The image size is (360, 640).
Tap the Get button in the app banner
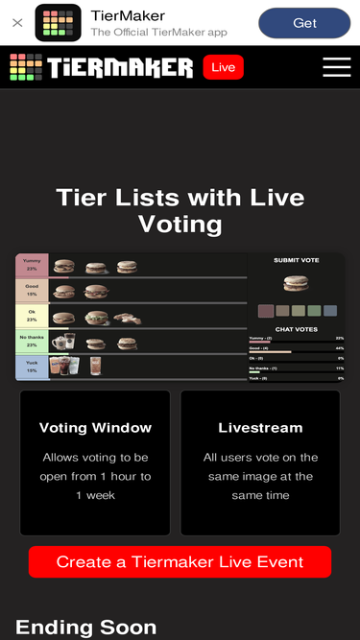click(x=304, y=23)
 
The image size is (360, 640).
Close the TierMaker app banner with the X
click(x=17, y=23)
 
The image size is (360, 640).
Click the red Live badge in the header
click(x=223, y=67)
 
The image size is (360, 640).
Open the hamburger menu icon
click(x=336, y=67)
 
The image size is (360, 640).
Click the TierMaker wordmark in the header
click(x=120, y=67)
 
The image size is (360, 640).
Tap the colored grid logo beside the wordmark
click(x=26, y=67)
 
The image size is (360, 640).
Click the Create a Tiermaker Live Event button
click(x=180, y=562)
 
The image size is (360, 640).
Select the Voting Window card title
click(x=95, y=428)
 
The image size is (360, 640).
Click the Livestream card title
click(x=260, y=428)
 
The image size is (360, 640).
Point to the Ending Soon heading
click(x=86, y=628)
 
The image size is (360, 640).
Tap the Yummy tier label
click(x=32, y=265)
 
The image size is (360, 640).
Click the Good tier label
click(x=32, y=291)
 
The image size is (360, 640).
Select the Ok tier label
click(x=32, y=317)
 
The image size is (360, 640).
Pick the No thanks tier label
click(x=32, y=342)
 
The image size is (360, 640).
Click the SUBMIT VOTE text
click(x=296, y=261)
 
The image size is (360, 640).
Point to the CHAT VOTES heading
click(x=296, y=329)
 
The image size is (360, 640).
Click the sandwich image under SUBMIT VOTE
click(x=296, y=284)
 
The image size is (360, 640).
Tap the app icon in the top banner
click(x=58, y=23)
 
